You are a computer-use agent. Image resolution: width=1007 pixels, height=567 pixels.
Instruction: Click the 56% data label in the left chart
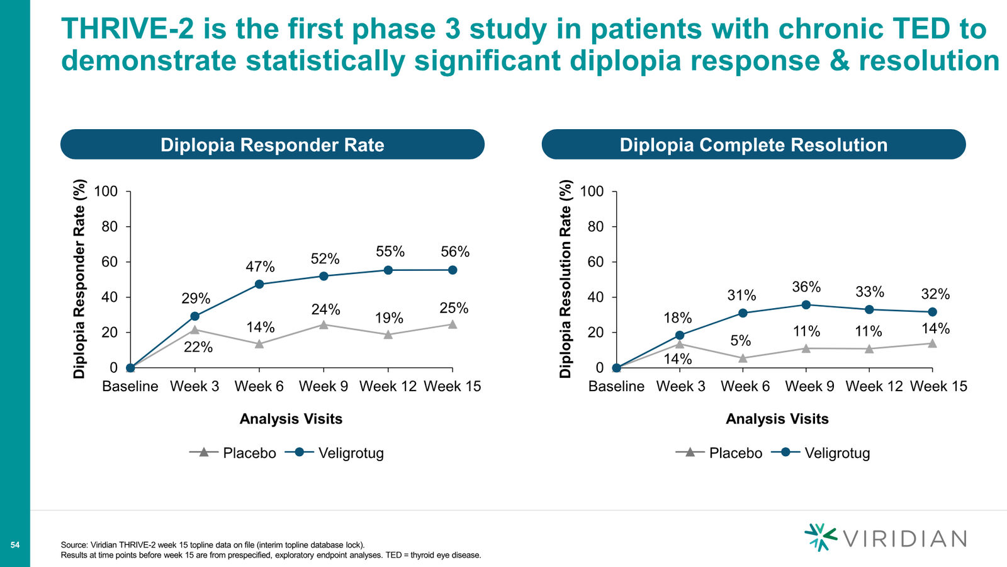(455, 251)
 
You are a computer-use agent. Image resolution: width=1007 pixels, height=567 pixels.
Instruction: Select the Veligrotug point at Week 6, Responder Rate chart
(259, 284)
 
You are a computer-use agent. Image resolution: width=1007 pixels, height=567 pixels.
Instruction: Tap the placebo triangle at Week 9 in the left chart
(323, 324)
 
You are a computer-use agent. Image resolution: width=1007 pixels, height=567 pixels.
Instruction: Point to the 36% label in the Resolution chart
(806, 287)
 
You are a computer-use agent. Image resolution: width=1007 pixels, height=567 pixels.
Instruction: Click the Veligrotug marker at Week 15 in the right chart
(932, 312)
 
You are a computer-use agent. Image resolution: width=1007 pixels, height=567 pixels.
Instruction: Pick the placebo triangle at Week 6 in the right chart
(743, 358)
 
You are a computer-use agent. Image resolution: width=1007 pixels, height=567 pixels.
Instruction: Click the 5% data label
(740, 341)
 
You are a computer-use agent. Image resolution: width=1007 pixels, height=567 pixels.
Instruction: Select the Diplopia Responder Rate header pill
(273, 144)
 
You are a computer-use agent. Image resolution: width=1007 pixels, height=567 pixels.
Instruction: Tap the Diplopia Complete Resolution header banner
(753, 144)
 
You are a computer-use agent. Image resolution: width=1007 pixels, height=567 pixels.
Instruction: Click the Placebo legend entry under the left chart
(233, 453)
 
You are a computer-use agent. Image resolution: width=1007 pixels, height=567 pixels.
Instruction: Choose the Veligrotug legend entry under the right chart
(821, 453)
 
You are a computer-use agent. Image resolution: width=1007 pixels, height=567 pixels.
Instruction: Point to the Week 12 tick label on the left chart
(388, 386)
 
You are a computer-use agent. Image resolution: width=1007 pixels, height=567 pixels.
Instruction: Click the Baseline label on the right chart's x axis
(616, 386)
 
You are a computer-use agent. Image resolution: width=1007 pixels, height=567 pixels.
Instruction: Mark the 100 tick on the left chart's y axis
(106, 192)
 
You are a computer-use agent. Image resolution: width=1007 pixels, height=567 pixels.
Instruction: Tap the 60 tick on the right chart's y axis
(595, 262)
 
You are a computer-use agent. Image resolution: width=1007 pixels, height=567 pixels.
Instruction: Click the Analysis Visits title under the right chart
(777, 419)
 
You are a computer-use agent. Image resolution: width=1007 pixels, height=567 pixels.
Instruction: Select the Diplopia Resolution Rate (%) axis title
(566, 279)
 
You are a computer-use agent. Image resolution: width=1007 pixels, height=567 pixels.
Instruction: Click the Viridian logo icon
(821, 537)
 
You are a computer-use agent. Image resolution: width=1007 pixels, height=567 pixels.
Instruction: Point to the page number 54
(15, 545)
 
